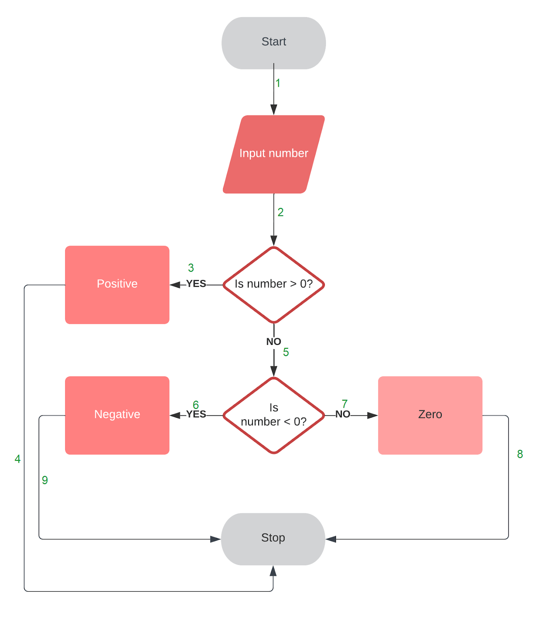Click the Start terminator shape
[274, 43]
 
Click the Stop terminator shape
[273, 539]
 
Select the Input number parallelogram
[274, 154]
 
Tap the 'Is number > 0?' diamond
[274, 284]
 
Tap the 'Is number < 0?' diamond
[274, 415]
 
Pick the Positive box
[117, 284]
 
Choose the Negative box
[117, 415]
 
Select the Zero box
[430, 415]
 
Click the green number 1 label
[278, 83]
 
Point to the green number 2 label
[281, 212]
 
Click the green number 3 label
[191, 268]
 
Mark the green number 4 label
[17, 459]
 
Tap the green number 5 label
[286, 352]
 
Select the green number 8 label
[520, 454]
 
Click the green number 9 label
[45, 480]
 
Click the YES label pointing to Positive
[196, 284]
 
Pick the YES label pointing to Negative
[196, 414]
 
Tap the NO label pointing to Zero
[343, 414]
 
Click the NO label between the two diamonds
[273, 342]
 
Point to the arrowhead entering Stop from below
[273, 571]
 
